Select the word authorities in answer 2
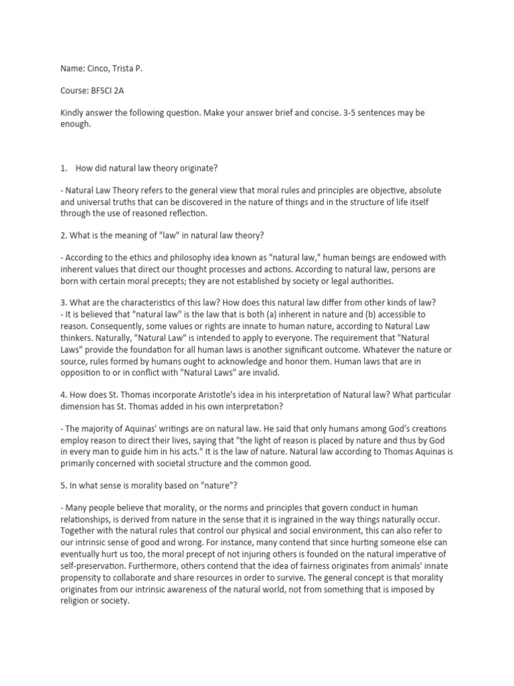(368, 280)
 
